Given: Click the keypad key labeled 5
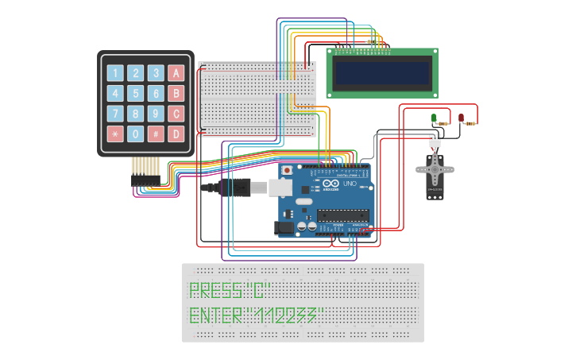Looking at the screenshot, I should click(135, 93).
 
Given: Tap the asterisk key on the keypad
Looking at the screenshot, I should click(115, 134).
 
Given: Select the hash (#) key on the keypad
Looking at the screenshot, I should click(156, 134).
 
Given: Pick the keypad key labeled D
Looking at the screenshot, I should click(176, 134).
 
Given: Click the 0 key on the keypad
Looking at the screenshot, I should click(135, 134).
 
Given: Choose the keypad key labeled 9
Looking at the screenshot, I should click(156, 113).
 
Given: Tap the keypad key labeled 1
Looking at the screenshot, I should click(115, 73).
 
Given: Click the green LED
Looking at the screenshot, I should click(434, 118).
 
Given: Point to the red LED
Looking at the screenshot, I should click(461, 118).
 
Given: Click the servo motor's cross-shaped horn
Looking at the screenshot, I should click(435, 168).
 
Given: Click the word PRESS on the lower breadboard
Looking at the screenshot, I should click(214, 290).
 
